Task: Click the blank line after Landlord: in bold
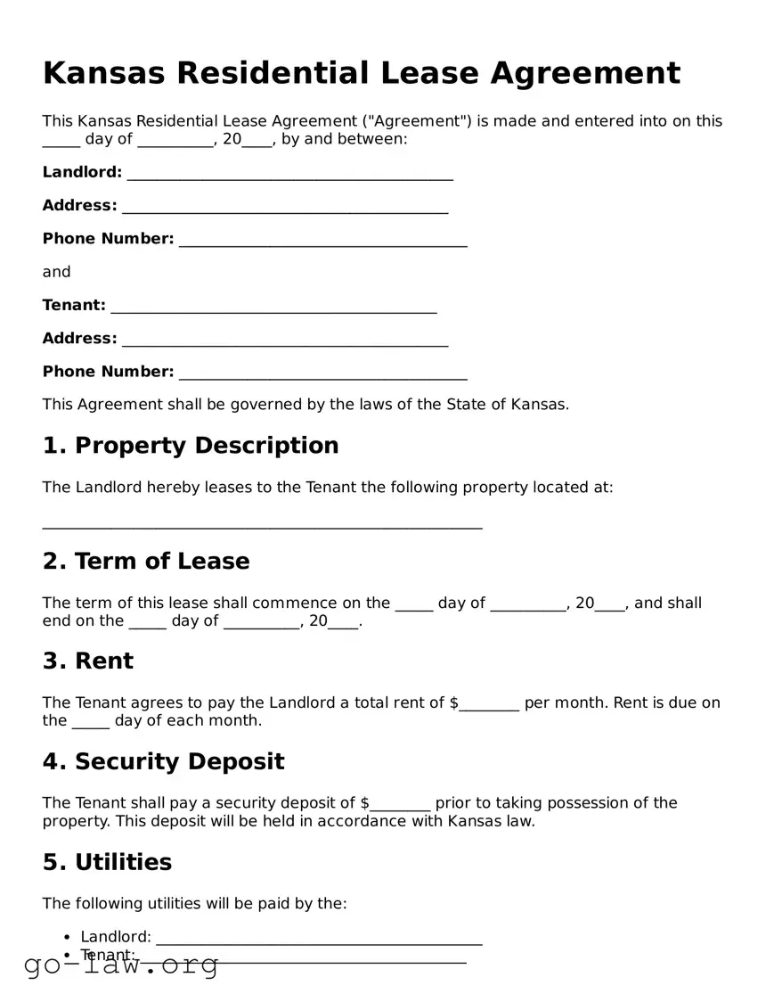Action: [x=289, y=174]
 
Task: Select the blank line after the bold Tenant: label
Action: [x=273, y=307]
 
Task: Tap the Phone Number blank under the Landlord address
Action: [x=322, y=240]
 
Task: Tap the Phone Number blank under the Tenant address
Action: [x=322, y=373]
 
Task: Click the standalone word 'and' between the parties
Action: [x=56, y=272]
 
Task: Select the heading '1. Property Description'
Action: [x=191, y=446]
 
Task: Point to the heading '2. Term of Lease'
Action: [x=146, y=562]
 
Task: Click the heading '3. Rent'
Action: [x=87, y=661]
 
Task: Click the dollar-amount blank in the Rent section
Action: [x=489, y=704]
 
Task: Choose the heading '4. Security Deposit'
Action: [x=163, y=762]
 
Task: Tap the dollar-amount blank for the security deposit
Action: [x=401, y=804]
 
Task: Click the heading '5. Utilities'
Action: [x=107, y=862]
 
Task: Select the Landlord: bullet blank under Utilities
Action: [x=318, y=939]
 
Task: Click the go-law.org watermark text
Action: [x=120, y=965]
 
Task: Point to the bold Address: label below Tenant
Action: [x=79, y=339]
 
